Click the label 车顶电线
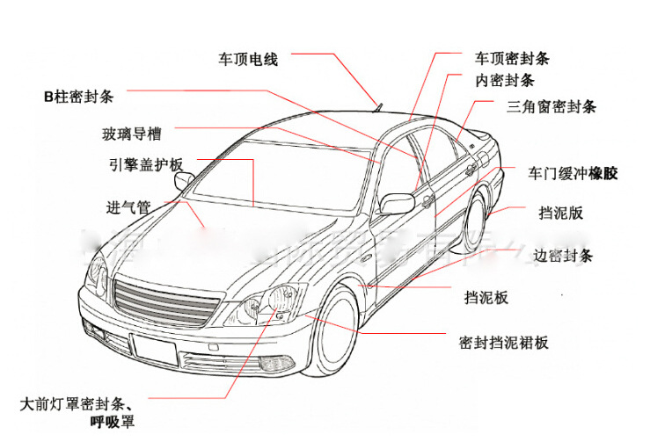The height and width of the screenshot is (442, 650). coord(248,60)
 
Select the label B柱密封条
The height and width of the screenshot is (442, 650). coord(78,96)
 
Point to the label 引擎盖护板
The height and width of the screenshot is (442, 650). coord(146,165)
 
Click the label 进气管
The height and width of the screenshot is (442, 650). coord(128,207)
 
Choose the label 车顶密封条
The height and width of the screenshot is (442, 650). coord(513,59)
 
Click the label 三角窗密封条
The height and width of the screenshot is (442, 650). coord(551,107)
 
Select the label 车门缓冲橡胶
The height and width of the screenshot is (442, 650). coord(573,173)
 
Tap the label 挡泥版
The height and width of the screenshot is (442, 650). coord(561,212)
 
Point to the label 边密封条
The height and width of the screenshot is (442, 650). coord(563,256)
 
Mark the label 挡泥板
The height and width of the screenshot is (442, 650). coord(486,298)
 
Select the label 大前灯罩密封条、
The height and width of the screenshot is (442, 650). coord(77,405)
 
